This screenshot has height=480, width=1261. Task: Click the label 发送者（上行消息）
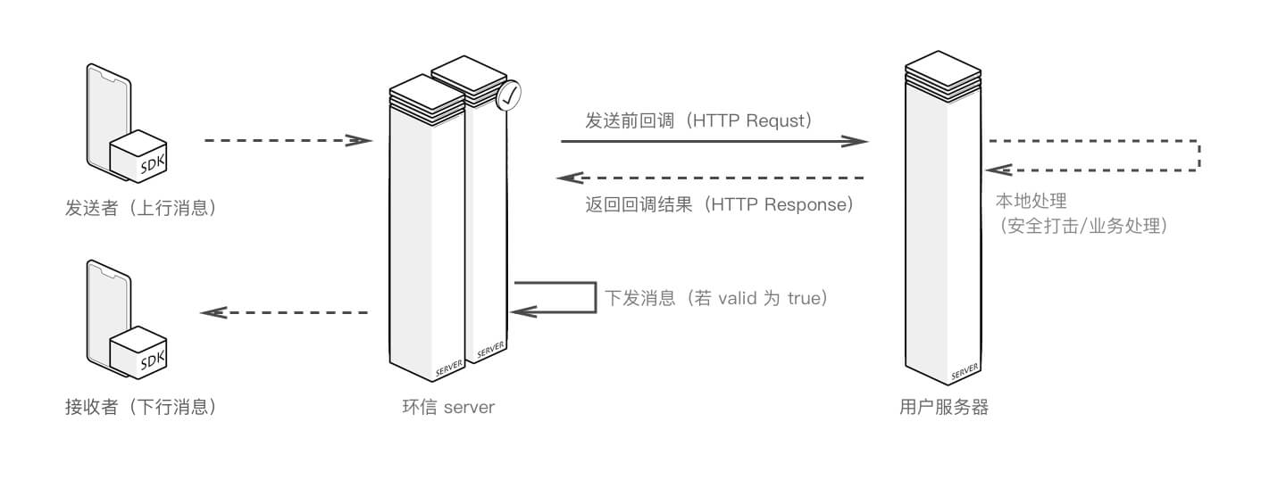point(141,209)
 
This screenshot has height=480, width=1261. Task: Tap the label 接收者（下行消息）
point(141,408)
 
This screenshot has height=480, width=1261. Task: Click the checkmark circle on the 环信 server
point(508,97)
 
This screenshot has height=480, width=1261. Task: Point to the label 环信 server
point(448,408)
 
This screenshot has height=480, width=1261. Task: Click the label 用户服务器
point(944,408)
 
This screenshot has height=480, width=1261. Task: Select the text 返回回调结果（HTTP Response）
point(720,204)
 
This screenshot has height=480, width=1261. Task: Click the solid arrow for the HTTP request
point(714,141)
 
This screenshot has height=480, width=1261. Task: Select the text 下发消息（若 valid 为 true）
point(717,298)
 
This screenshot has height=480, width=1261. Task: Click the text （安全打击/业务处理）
point(1083,226)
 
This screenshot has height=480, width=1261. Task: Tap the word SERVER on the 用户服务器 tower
point(965,368)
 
